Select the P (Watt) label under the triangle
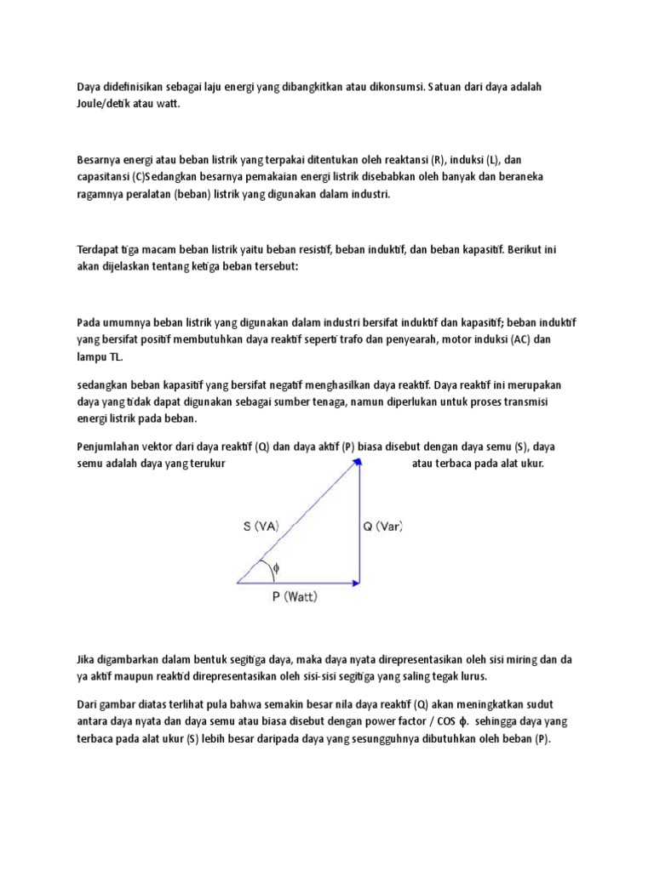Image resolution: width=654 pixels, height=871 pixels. pos(295,597)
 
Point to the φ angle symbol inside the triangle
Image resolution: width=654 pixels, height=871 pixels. pos(276,569)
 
